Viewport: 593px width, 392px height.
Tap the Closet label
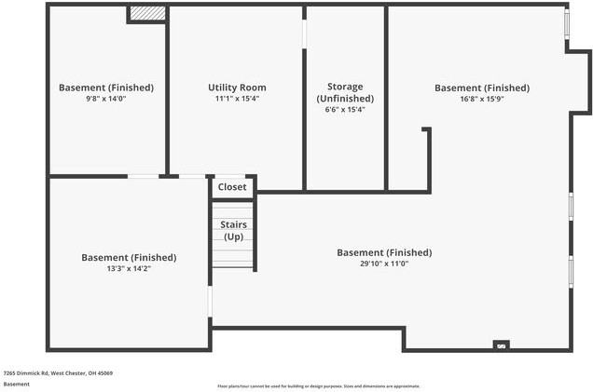pos(232,187)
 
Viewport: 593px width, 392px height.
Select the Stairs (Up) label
pos(232,230)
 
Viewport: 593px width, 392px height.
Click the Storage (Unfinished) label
pos(345,92)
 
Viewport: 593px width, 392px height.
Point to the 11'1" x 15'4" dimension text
pos(237,99)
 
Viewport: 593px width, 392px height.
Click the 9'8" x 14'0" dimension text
pos(106,99)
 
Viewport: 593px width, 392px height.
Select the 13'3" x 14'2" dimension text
pos(129,268)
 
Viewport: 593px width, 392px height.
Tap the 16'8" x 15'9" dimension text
pos(481,99)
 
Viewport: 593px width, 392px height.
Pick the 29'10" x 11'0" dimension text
pos(383,264)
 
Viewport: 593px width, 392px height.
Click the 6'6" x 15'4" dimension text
pos(345,109)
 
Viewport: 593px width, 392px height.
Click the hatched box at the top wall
pos(146,13)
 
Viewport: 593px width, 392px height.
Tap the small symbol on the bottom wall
pos(502,345)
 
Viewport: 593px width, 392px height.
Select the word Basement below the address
pos(16,384)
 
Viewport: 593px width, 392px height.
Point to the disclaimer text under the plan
pos(319,385)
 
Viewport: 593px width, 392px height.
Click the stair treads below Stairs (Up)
pos(232,255)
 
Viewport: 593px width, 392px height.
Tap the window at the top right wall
pos(567,24)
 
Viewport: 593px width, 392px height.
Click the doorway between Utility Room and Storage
pos(304,32)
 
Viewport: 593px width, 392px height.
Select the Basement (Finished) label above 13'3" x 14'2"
pos(129,257)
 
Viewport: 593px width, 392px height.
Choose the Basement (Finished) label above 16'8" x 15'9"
pos(481,88)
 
